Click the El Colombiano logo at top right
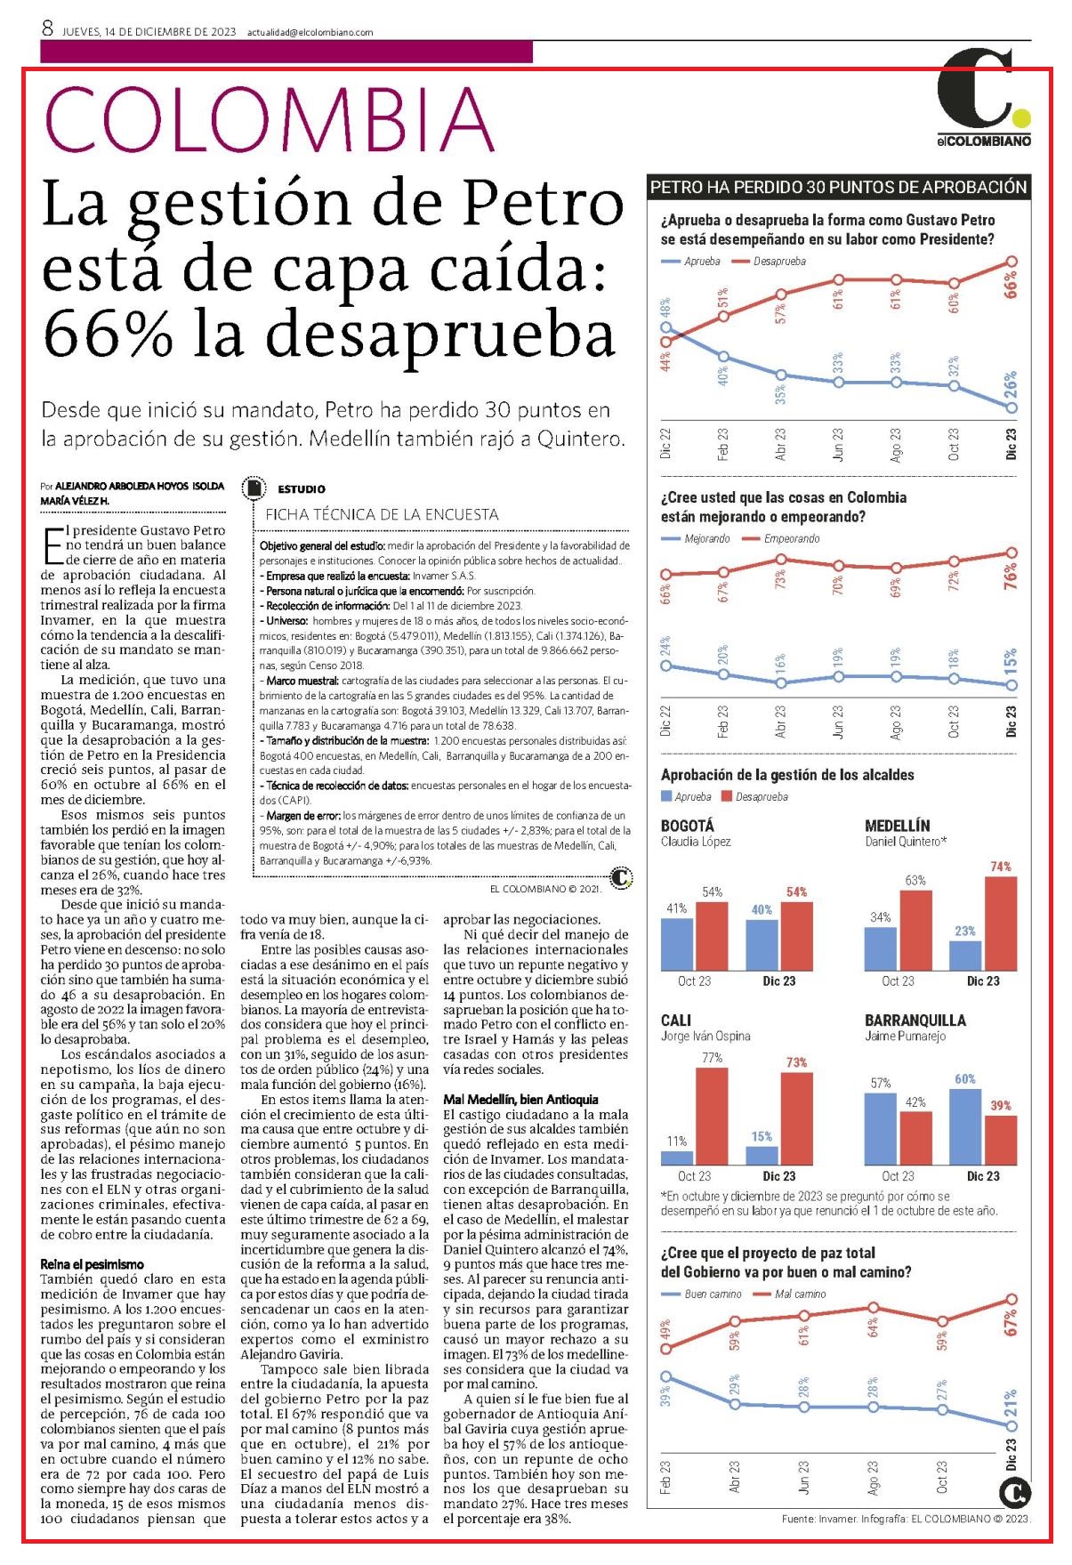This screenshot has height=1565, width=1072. (984, 98)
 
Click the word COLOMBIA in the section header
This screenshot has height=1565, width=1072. (268, 120)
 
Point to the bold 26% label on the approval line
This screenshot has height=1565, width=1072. (1011, 385)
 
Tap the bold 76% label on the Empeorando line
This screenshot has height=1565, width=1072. (1011, 577)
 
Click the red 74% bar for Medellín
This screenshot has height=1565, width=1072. (1001, 924)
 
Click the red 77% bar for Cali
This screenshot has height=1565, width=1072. (712, 1116)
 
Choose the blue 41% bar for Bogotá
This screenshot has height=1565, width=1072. (677, 944)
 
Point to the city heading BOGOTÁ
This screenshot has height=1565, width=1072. (688, 826)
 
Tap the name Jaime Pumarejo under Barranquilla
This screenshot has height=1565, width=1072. (906, 1036)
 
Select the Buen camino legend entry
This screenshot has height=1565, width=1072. (702, 1294)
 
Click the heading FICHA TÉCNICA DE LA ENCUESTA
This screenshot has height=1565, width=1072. (382, 514)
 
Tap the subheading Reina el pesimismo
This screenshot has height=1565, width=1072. (92, 1264)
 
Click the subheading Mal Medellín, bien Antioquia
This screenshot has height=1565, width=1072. (520, 1100)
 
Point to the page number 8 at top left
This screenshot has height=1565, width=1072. (48, 29)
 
